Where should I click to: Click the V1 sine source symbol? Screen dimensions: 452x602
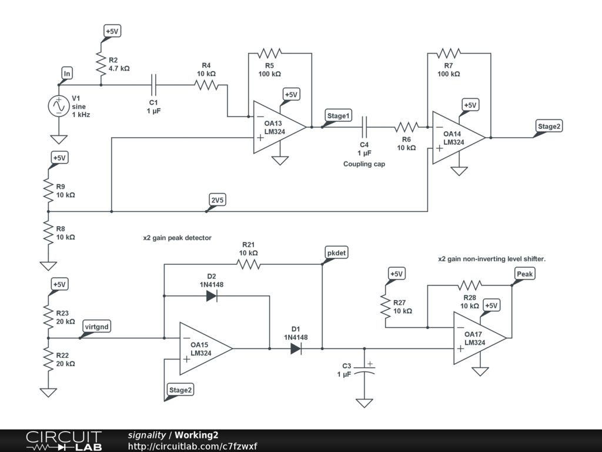point(59,107)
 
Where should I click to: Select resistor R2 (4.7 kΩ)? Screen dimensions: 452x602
point(101,60)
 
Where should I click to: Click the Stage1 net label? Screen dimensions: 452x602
point(339,116)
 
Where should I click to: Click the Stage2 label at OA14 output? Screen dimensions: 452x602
point(550,126)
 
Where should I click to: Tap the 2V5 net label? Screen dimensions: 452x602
point(218,200)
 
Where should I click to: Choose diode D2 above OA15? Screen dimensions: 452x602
point(212,296)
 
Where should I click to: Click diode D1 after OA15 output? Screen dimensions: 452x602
point(296,348)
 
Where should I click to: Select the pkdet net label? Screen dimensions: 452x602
point(336,252)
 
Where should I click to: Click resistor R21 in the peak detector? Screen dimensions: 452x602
point(248,264)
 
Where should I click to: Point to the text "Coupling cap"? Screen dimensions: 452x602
point(364,164)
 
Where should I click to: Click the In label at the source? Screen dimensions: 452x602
point(67,74)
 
